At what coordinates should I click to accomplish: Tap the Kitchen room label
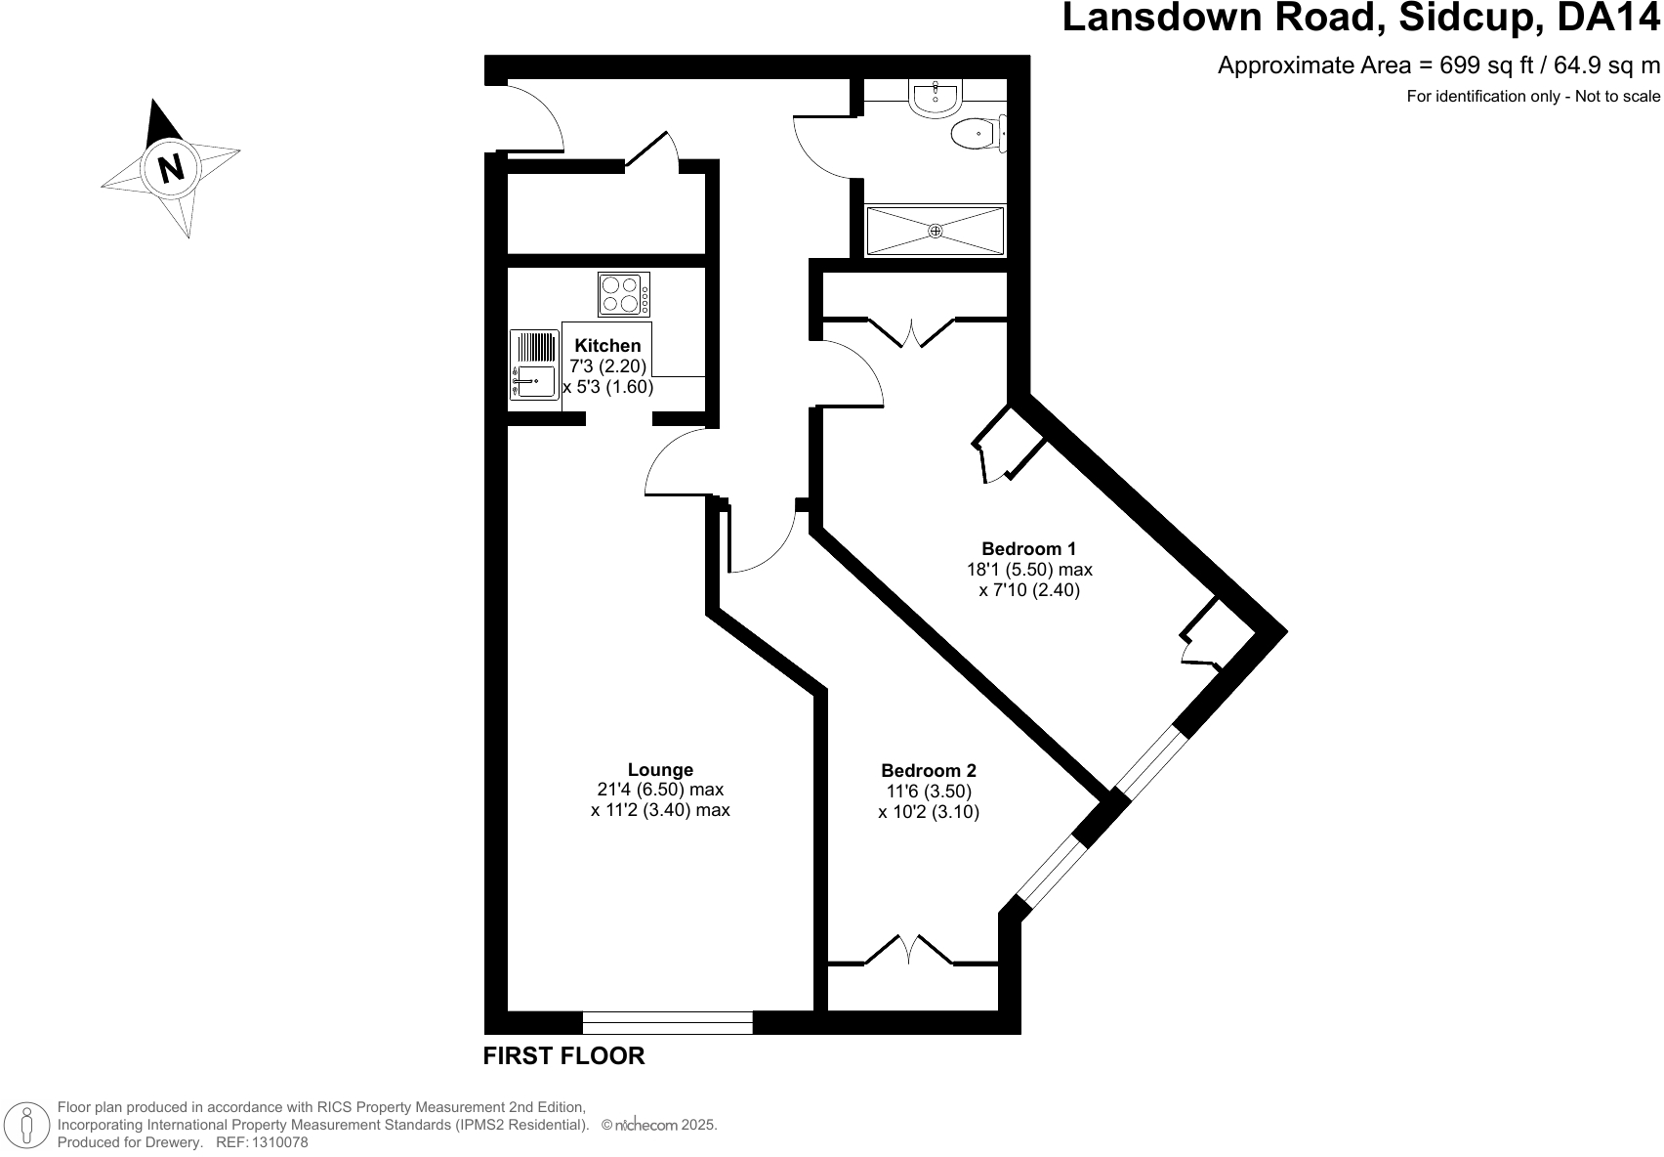[x=607, y=346]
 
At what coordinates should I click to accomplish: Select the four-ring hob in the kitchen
[x=624, y=294]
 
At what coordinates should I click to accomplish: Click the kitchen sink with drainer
[x=533, y=364]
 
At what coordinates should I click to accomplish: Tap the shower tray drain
[x=935, y=231]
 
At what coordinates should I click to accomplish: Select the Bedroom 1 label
[x=1028, y=548]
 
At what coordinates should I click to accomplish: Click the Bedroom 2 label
[x=928, y=770]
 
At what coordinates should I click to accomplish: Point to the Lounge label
[x=660, y=769]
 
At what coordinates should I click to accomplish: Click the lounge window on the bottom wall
[x=668, y=1023]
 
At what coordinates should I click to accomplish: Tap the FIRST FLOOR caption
[x=564, y=1056]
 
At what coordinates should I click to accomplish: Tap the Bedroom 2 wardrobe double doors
[x=908, y=950]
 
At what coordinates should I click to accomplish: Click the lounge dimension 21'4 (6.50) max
[x=660, y=790]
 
